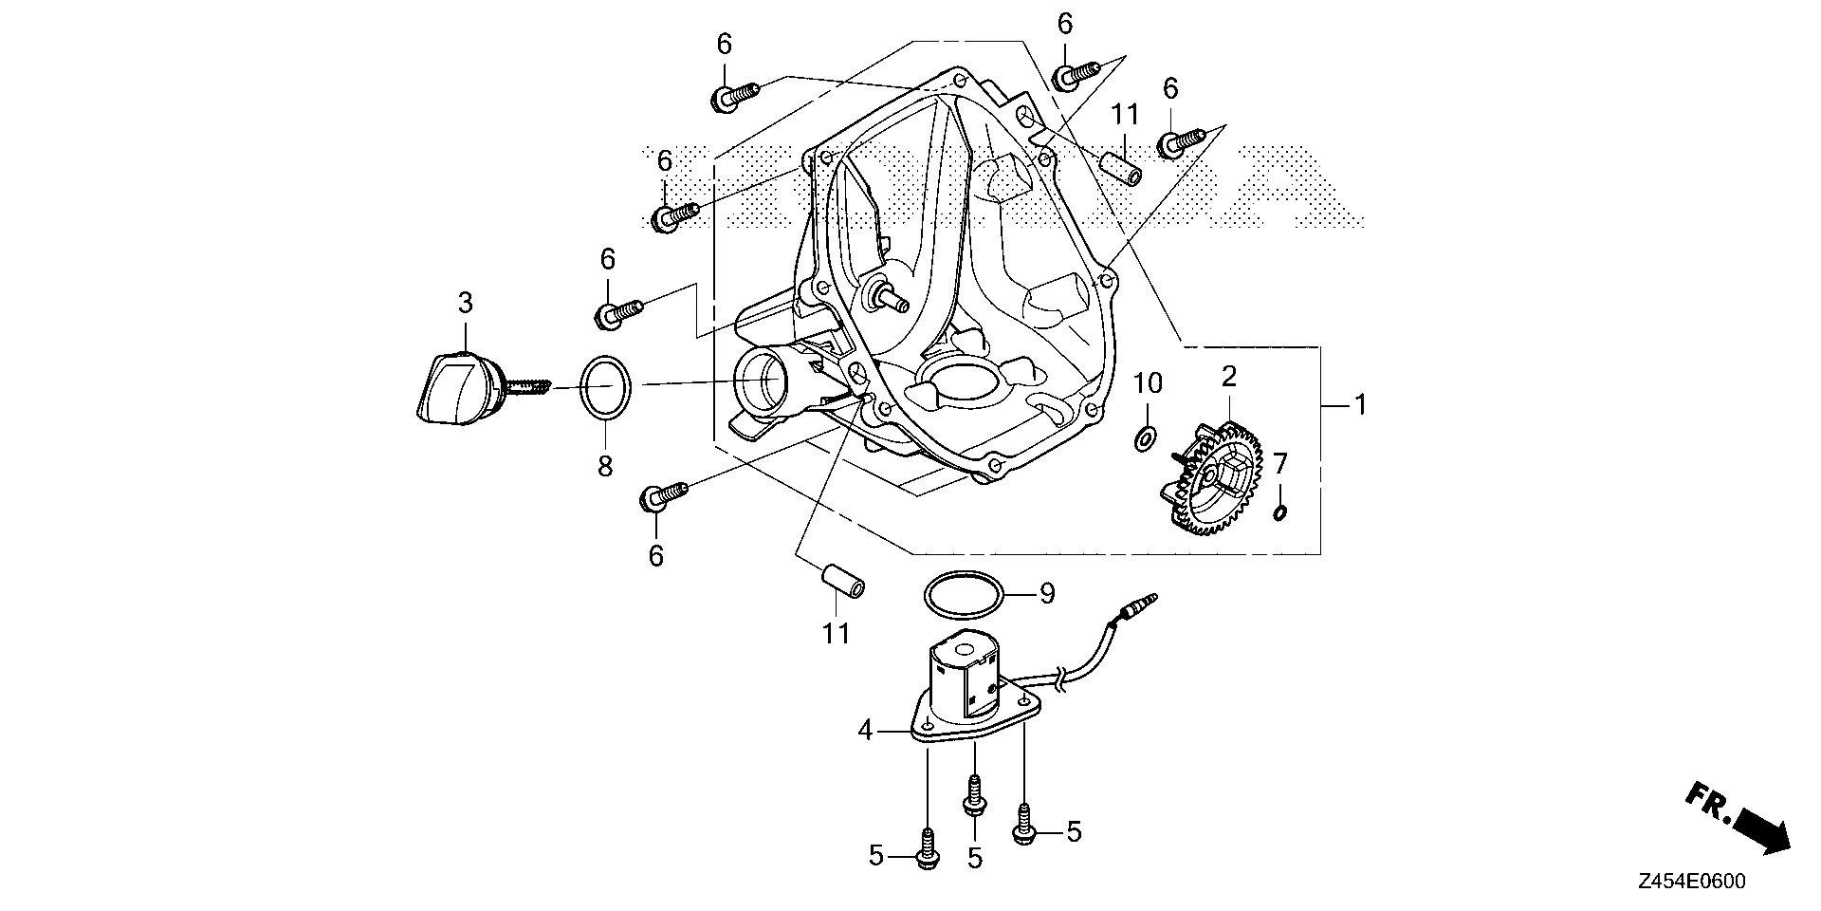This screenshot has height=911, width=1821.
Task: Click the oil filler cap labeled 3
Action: (x=453, y=388)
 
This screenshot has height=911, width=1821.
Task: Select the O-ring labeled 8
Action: (x=606, y=386)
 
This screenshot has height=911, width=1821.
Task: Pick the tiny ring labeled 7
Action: (x=1280, y=513)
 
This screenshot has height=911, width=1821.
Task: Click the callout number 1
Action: (x=1360, y=405)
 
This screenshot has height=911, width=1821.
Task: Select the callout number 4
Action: (x=864, y=731)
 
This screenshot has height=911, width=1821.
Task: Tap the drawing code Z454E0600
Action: (x=1690, y=882)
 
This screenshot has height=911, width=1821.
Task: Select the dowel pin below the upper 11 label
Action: (x=1119, y=168)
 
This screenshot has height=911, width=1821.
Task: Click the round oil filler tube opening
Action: (x=761, y=381)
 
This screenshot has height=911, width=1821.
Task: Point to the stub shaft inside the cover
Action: (x=891, y=299)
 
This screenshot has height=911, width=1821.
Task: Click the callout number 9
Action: (x=1046, y=594)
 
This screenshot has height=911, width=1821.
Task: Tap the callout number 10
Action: (x=1148, y=384)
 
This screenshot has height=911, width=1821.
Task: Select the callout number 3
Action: (x=465, y=304)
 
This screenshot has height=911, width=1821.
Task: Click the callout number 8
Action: (x=605, y=466)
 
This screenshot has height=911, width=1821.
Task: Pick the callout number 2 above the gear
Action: (x=1229, y=377)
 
